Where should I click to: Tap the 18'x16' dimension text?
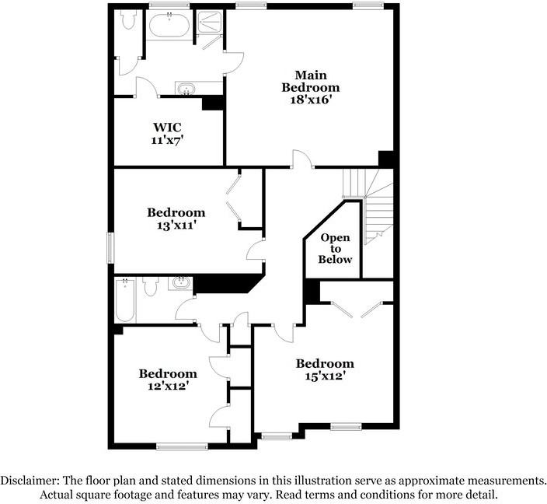[310, 100]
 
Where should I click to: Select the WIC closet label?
[168, 127]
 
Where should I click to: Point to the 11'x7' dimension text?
[168, 140]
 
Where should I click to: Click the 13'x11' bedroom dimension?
[176, 225]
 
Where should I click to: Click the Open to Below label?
[335, 248]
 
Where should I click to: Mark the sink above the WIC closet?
[186, 88]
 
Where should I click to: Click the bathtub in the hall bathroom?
[125, 300]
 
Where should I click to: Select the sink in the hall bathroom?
[181, 282]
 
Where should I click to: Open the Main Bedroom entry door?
[301, 159]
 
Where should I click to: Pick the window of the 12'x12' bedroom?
[182, 446]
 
